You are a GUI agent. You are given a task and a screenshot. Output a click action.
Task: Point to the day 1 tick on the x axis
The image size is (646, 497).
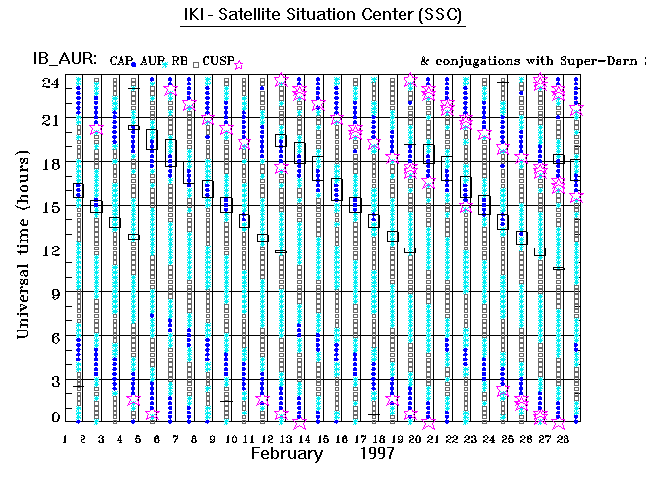click(65, 437)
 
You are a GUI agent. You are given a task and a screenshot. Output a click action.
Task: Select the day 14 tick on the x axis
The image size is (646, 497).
click(303, 437)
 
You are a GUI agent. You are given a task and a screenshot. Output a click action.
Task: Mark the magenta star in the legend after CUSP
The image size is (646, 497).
click(239, 63)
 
